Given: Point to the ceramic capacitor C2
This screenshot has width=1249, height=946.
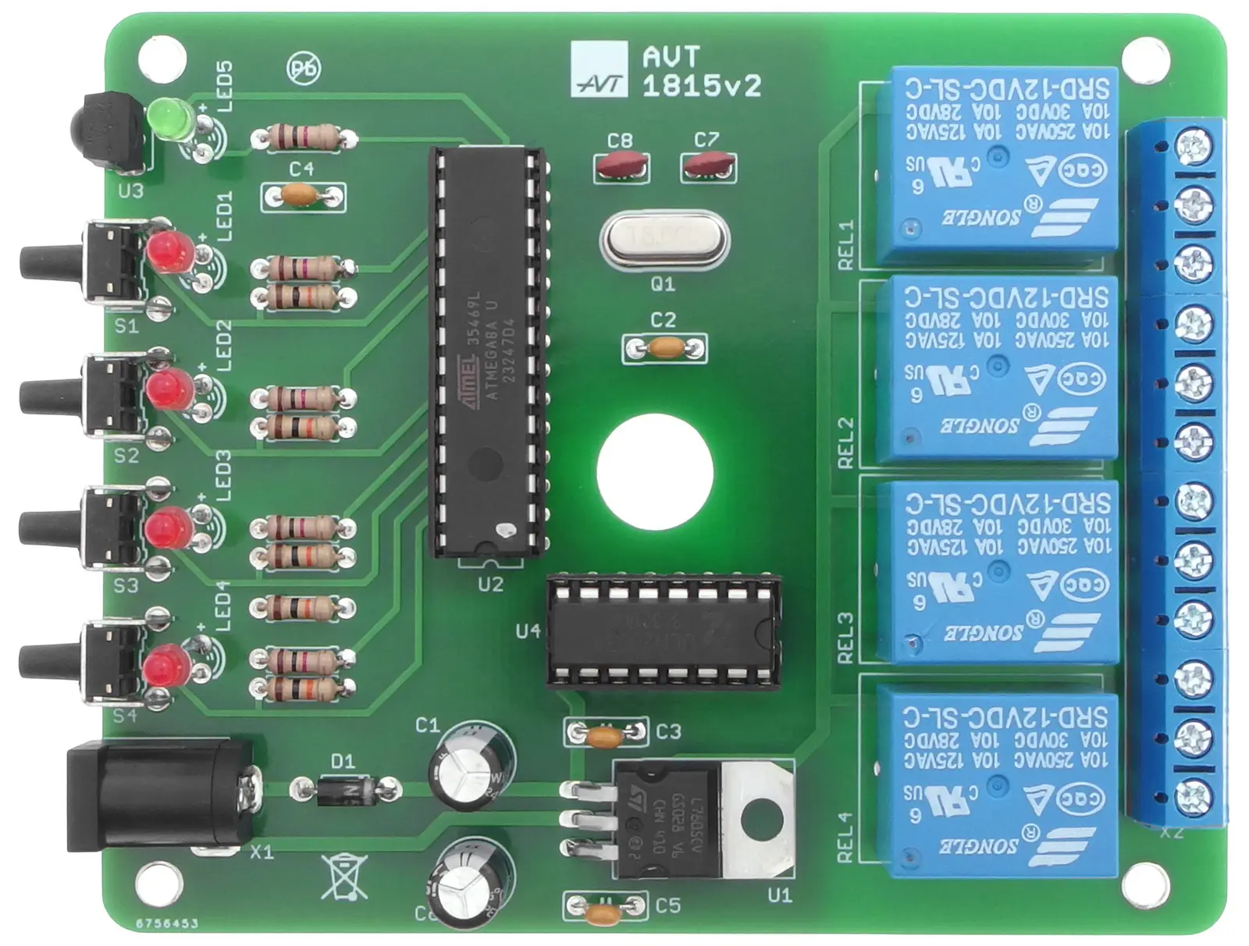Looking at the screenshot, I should [x=664, y=347].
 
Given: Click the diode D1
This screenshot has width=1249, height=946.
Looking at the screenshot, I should [x=345, y=790].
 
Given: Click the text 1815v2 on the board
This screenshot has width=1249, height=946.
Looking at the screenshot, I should [x=701, y=86].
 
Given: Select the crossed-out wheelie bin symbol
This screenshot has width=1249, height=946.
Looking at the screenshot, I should [x=343, y=875].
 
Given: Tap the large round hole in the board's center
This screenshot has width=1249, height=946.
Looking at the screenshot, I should [x=655, y=471].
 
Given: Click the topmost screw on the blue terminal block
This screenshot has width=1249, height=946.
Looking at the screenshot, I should [x=1194, y=146].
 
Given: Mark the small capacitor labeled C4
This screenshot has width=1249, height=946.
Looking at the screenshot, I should [x=302, y=196].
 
